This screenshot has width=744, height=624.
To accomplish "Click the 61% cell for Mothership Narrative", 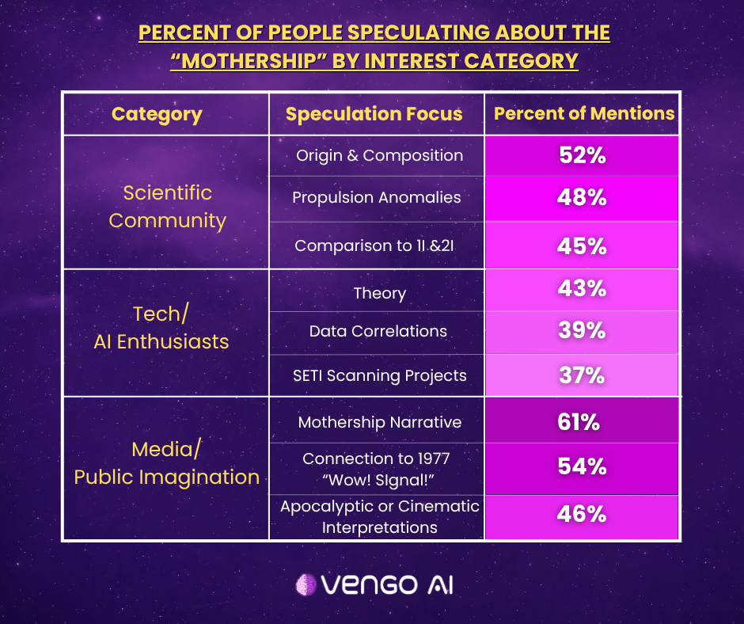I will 581,422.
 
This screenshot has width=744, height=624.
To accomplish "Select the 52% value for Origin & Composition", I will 581,156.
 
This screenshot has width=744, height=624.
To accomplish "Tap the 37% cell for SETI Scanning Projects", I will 581,375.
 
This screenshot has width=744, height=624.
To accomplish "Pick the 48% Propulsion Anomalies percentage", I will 581,197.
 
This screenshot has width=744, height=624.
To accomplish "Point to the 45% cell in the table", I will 581,245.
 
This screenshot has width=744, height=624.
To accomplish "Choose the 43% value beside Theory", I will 581,289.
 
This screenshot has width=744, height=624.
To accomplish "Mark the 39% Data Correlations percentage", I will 581,331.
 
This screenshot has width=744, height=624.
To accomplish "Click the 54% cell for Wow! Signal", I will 581,466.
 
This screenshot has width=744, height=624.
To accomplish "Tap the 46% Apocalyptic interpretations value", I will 581,515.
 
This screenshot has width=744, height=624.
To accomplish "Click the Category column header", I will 157,114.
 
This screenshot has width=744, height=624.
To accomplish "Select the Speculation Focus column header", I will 374,114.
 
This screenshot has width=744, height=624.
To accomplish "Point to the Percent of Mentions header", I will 584,113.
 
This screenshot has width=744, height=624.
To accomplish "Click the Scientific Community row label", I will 167,206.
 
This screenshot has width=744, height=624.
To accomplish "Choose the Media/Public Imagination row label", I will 166,463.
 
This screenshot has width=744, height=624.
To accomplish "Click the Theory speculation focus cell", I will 379,293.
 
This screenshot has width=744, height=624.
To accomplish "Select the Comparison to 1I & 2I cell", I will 376,245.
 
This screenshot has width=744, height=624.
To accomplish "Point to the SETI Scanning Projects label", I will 379,375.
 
